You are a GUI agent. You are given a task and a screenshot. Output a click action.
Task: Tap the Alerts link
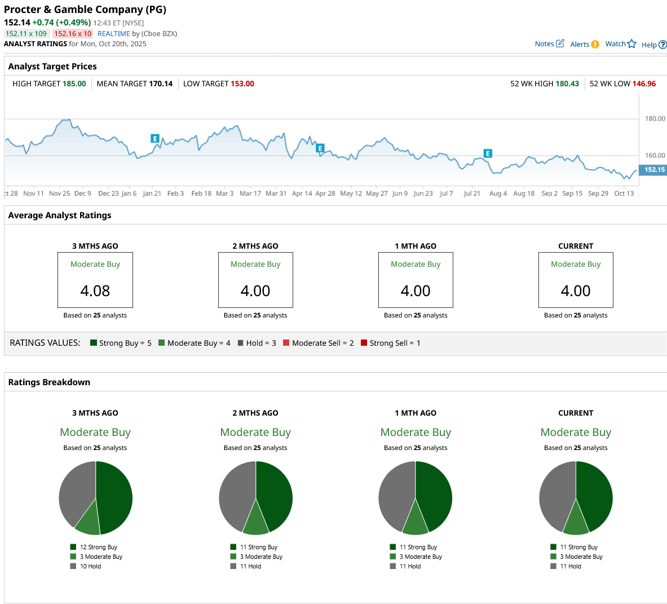pos(584,45)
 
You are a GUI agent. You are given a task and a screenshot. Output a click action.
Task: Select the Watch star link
pos(620,44)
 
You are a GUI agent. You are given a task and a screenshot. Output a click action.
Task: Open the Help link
pos(653,45)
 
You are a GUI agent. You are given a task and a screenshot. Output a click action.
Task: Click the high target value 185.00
pos(74,84)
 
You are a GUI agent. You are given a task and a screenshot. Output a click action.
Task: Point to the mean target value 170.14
pos(161,84)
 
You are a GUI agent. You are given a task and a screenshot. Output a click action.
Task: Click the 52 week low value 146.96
pos(644,84)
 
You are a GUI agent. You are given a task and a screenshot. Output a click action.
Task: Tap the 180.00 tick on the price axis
pos(655,119)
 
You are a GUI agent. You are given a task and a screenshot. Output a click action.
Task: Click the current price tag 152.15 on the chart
pos(654,170)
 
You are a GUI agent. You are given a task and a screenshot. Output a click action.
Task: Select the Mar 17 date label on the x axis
pos(250,193)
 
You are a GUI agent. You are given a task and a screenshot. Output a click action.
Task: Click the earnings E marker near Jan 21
pos(155,138)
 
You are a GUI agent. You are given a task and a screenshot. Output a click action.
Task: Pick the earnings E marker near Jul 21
pos(488,153)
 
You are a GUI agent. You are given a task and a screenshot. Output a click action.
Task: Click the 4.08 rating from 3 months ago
pos(95,291)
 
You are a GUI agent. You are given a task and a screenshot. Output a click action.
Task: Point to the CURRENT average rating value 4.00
pos(576,291)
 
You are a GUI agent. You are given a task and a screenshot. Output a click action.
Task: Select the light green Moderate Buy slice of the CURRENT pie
pos(576,522)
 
